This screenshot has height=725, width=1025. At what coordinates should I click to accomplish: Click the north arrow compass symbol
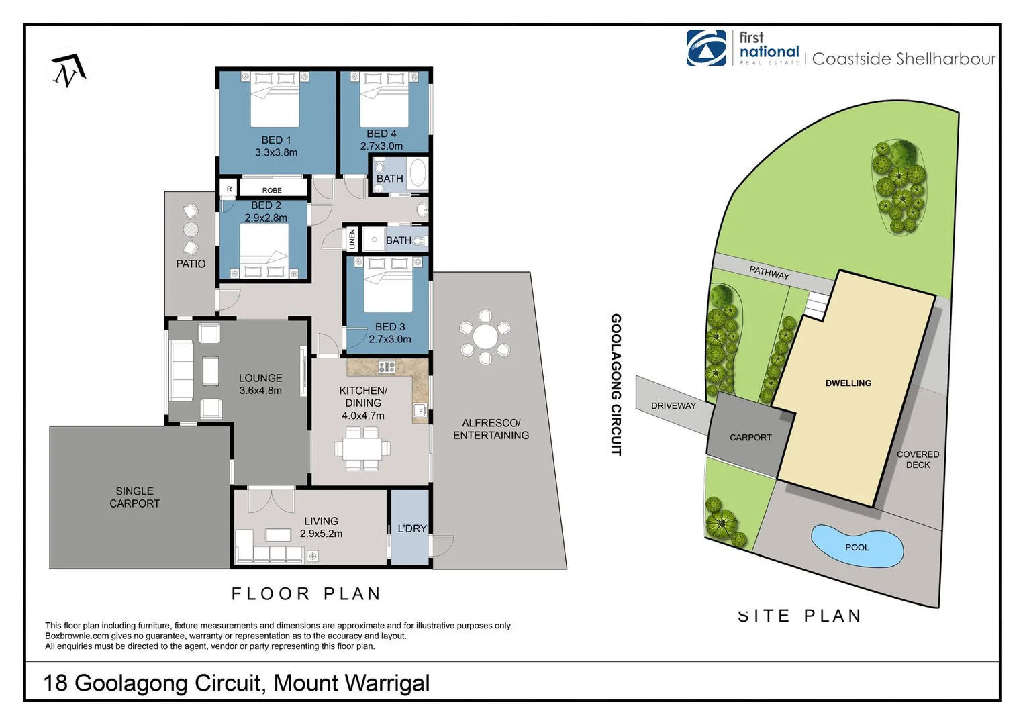pos(68,71)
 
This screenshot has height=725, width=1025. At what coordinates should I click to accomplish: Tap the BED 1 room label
pos(276,140)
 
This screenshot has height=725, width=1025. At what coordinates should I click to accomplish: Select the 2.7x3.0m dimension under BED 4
pos(381,146)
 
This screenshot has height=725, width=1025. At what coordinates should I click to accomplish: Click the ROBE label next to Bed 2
pos(272,190)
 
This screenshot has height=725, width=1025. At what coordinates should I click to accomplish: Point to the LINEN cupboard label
pos(352,239)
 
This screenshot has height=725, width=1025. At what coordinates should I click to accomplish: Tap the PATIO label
pos(191,264)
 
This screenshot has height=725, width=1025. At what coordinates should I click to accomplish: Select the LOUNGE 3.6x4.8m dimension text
pos(260,391)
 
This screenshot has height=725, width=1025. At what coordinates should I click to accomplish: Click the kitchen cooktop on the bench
pos(387,367)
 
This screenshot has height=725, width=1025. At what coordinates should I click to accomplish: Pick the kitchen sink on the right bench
pos(420,409)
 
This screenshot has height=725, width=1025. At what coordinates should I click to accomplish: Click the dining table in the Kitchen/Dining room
pos(362,448)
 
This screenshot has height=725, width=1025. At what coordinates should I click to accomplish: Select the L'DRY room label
pos(411,528)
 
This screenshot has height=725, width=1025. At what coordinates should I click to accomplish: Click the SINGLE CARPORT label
pos(134,497)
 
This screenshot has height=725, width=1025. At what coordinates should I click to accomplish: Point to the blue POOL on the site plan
pos(857,546)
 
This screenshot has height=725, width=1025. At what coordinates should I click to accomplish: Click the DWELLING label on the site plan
pos(848,383)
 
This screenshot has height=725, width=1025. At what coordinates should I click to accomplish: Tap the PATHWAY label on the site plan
pos(769,273)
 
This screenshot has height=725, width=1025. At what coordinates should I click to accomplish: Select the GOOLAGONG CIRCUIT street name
pos(616,385)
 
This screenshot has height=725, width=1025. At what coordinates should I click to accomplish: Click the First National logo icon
pos(705,48)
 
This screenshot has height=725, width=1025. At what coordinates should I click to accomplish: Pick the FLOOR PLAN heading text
pos(306,593)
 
